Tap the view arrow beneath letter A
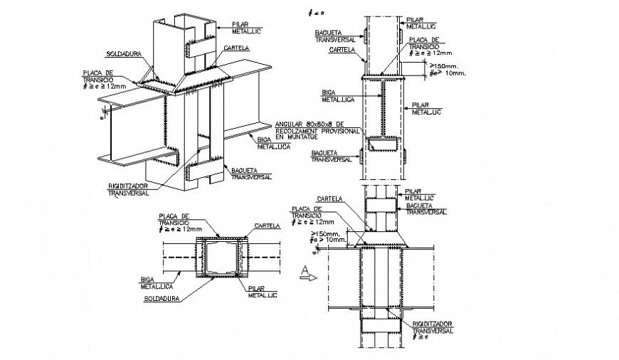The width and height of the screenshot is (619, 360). (308, 280)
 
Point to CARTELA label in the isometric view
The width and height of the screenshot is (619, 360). (235, 48)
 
